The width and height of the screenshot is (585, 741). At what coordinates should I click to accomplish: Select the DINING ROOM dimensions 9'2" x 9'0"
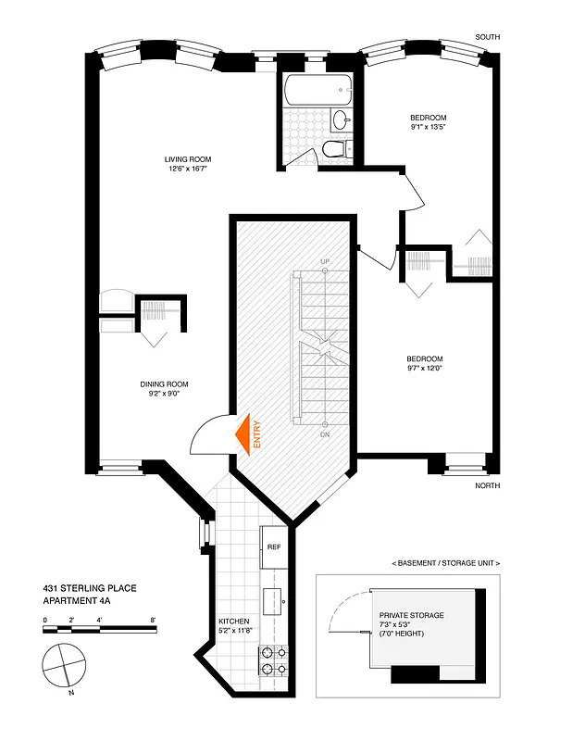(165, 393)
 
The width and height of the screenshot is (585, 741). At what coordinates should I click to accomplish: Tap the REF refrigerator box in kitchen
(274, 546)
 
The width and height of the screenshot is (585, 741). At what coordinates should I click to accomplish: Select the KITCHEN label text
(233, 621)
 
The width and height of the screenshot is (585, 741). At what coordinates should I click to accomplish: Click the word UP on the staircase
(324, 262)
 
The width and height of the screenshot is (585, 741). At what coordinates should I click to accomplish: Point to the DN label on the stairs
(324, 433)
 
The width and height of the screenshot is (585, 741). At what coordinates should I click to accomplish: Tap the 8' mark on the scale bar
(153, 620)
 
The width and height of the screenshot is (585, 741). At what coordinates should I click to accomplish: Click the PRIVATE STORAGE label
(411, 615)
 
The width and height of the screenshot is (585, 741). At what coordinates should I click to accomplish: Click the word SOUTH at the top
(487, 37)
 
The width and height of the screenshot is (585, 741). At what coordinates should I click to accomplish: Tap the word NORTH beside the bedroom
(487, 485)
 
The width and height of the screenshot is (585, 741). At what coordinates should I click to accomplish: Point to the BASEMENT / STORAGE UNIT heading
(446, 563)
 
